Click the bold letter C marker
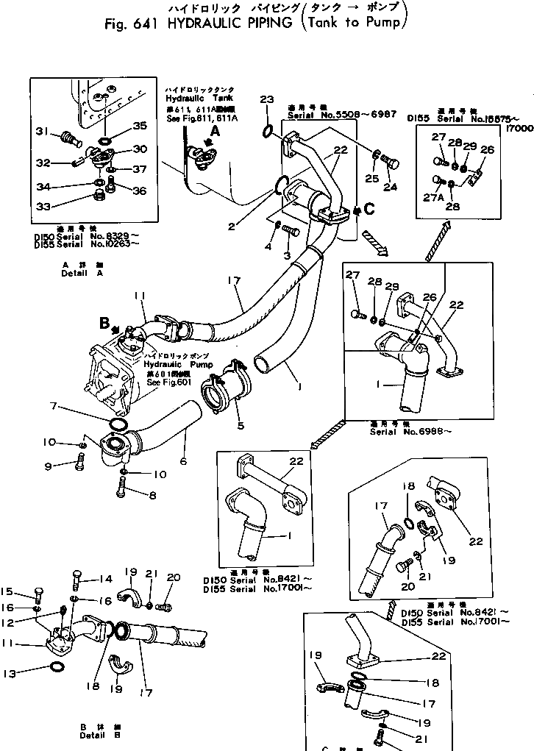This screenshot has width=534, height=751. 369,208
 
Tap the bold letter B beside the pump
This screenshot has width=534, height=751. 104,322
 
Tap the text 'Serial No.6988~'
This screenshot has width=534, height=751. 420,432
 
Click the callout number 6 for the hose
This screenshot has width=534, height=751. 183,461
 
